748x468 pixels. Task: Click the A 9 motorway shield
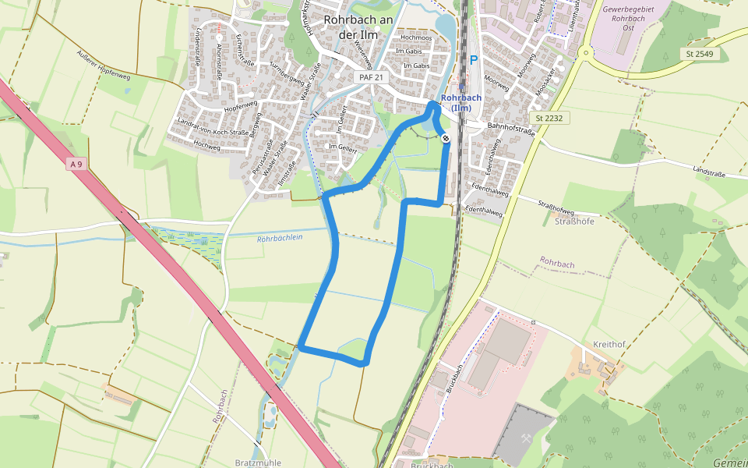pos(76,164)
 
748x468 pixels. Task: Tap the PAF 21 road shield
pos(370,77)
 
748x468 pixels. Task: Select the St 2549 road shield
pos(700,54)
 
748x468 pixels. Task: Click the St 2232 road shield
pos(549,118)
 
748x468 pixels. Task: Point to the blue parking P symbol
pos(473,60)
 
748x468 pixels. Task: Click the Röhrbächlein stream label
pos(279,239)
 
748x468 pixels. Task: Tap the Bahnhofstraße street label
pos(511,125)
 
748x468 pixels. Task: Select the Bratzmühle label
pos(258,463)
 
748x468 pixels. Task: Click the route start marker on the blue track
pos(446,139)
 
